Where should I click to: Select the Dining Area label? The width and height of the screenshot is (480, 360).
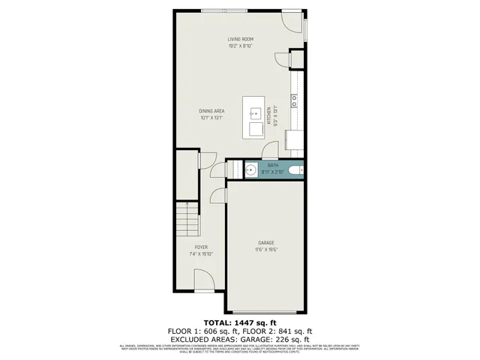[212, 111]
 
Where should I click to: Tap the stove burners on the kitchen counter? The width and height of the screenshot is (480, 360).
[295, 98]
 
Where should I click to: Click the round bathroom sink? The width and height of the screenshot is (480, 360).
[250, 170]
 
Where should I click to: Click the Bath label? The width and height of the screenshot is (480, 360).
[273, 166]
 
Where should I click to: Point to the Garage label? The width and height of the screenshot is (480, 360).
[265, 242]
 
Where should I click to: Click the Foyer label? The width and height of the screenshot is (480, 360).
[200, 247]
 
